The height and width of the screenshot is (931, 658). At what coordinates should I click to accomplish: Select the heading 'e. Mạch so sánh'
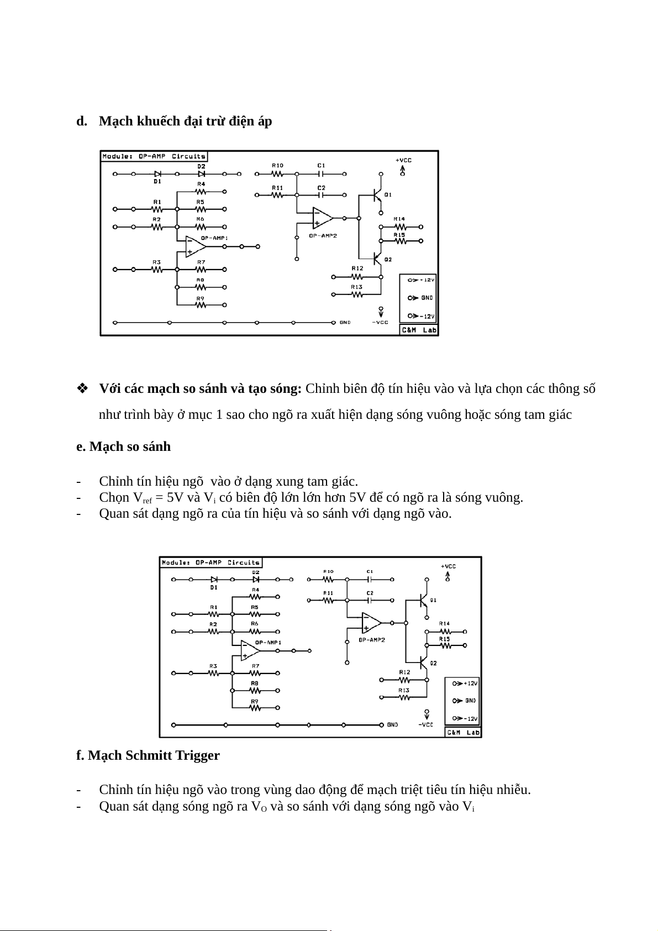pyautogui.click(x=123, y=446)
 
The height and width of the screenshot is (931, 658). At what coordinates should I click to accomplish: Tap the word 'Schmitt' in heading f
pyautogui.click(x=150, y=755)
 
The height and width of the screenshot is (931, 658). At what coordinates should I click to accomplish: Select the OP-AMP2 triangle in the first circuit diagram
pyautogui.click(x=323, y=218)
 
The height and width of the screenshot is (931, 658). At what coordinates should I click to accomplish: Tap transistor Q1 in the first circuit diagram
pyautogui.click(x=377, y=194)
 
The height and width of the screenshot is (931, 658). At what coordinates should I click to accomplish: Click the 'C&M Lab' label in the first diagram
pyautogui.click(x=418, y=330)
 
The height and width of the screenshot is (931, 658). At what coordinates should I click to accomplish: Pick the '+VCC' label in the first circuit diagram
pyautogui.click(x=403, y=160)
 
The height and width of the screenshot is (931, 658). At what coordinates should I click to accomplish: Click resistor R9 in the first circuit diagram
pyautogui.click(x=201, y=304)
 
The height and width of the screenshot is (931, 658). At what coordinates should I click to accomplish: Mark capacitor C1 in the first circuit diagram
pyautogui.click(x=321, y=173)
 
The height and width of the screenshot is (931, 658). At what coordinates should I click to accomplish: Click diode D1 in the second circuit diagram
pyautogui.click(x=214, y=580)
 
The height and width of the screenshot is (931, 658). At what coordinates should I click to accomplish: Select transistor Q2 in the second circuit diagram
pyautogui.click(x=424, y=662)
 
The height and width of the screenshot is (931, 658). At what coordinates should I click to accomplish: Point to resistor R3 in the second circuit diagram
pyautogui.click(x=213, y=673)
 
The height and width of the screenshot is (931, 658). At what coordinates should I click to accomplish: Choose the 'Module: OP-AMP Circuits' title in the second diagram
pyautogui.click(x=210, y=562)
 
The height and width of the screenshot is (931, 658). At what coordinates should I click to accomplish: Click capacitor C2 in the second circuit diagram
pyautogui.click(x=370, y=600)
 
